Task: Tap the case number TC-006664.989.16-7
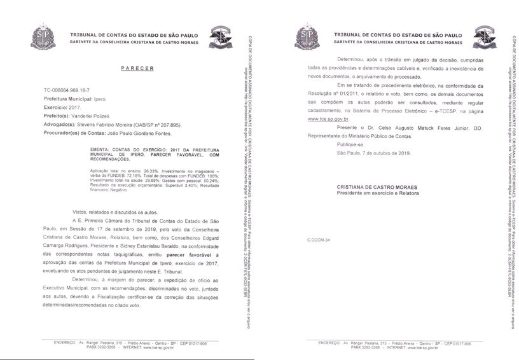coord(48,92)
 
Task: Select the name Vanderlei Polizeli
coord(90,116)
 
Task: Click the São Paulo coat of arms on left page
coord(43,36)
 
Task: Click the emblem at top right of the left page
coord(222,36)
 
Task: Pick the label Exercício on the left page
coord(55,108)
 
